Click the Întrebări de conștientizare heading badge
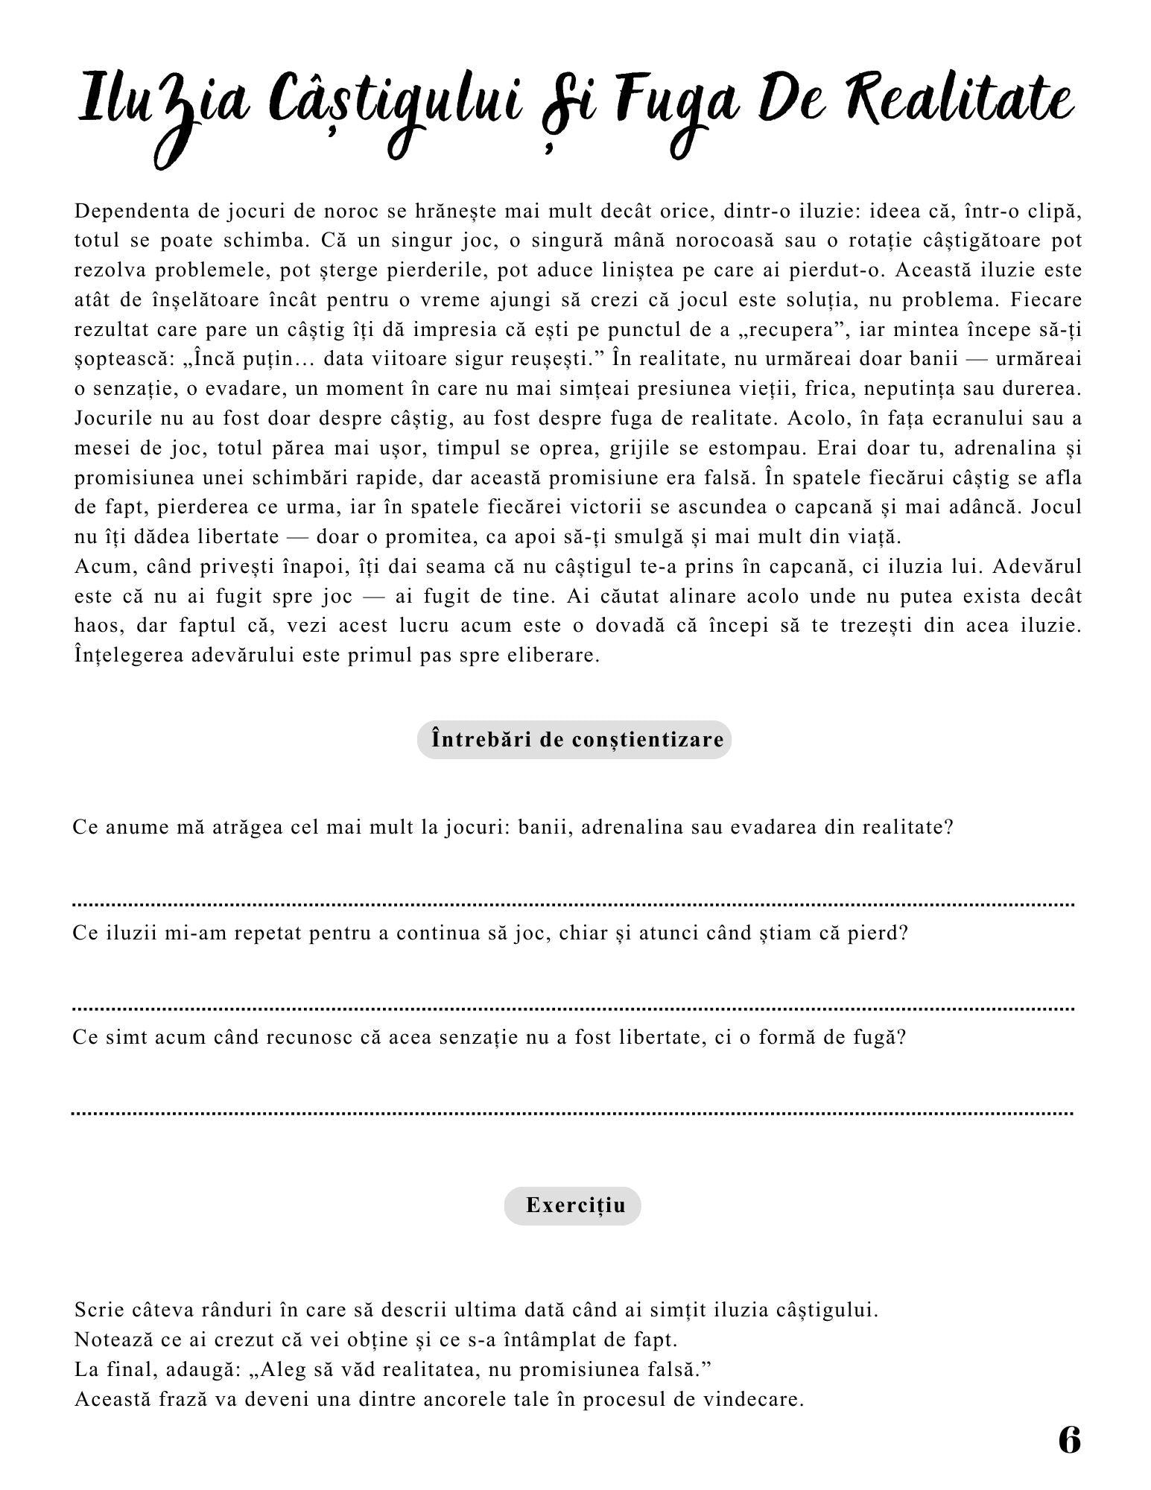point(574,740)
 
